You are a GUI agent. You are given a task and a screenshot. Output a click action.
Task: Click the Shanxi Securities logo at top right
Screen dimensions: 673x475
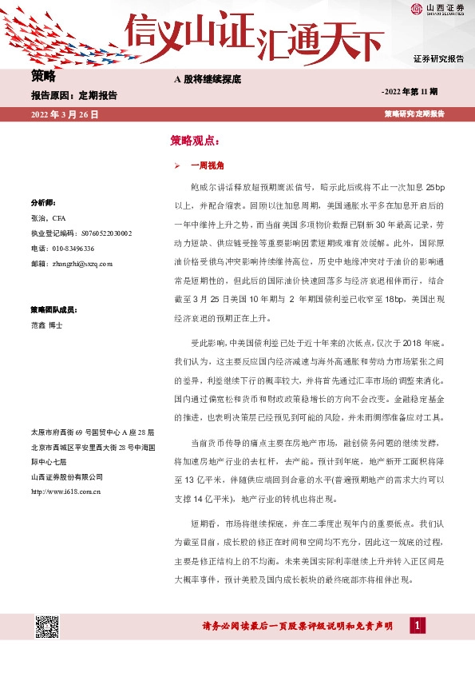[x=437, y=10]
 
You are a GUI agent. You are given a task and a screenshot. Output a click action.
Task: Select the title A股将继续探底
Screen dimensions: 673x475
[x=208, y=80]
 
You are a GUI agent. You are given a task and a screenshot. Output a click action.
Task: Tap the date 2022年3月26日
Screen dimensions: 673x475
[x=65, y=114]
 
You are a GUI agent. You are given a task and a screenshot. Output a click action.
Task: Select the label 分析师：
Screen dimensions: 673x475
[x=42, y=202]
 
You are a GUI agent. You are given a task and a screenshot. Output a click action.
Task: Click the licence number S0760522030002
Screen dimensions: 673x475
[x=81, y=233]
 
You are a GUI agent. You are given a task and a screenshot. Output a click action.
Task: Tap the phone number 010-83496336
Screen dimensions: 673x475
[x=67, y=248]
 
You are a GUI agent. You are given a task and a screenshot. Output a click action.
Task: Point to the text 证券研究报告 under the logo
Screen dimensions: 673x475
[x=438, y=59]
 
